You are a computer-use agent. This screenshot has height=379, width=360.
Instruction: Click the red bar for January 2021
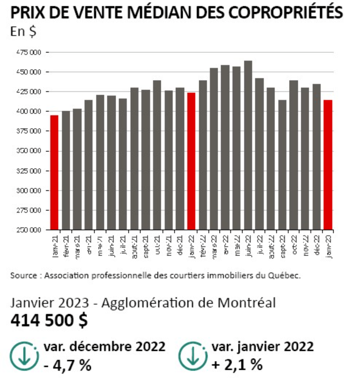(54, 172)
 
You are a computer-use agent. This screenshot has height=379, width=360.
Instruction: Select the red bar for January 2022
(191, 161)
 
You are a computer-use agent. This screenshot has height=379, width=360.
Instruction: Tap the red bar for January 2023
(328, 165)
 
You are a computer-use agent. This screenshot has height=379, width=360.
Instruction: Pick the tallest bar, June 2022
(248, 145)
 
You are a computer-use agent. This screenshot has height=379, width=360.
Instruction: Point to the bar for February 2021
(66, 170)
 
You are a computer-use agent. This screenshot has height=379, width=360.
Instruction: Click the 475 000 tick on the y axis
(29, 52)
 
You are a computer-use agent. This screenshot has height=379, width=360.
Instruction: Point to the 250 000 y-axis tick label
(29, 230)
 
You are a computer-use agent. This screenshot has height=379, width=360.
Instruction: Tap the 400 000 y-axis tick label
(29, 112)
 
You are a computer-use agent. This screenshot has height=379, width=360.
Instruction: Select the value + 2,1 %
(238, 363)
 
